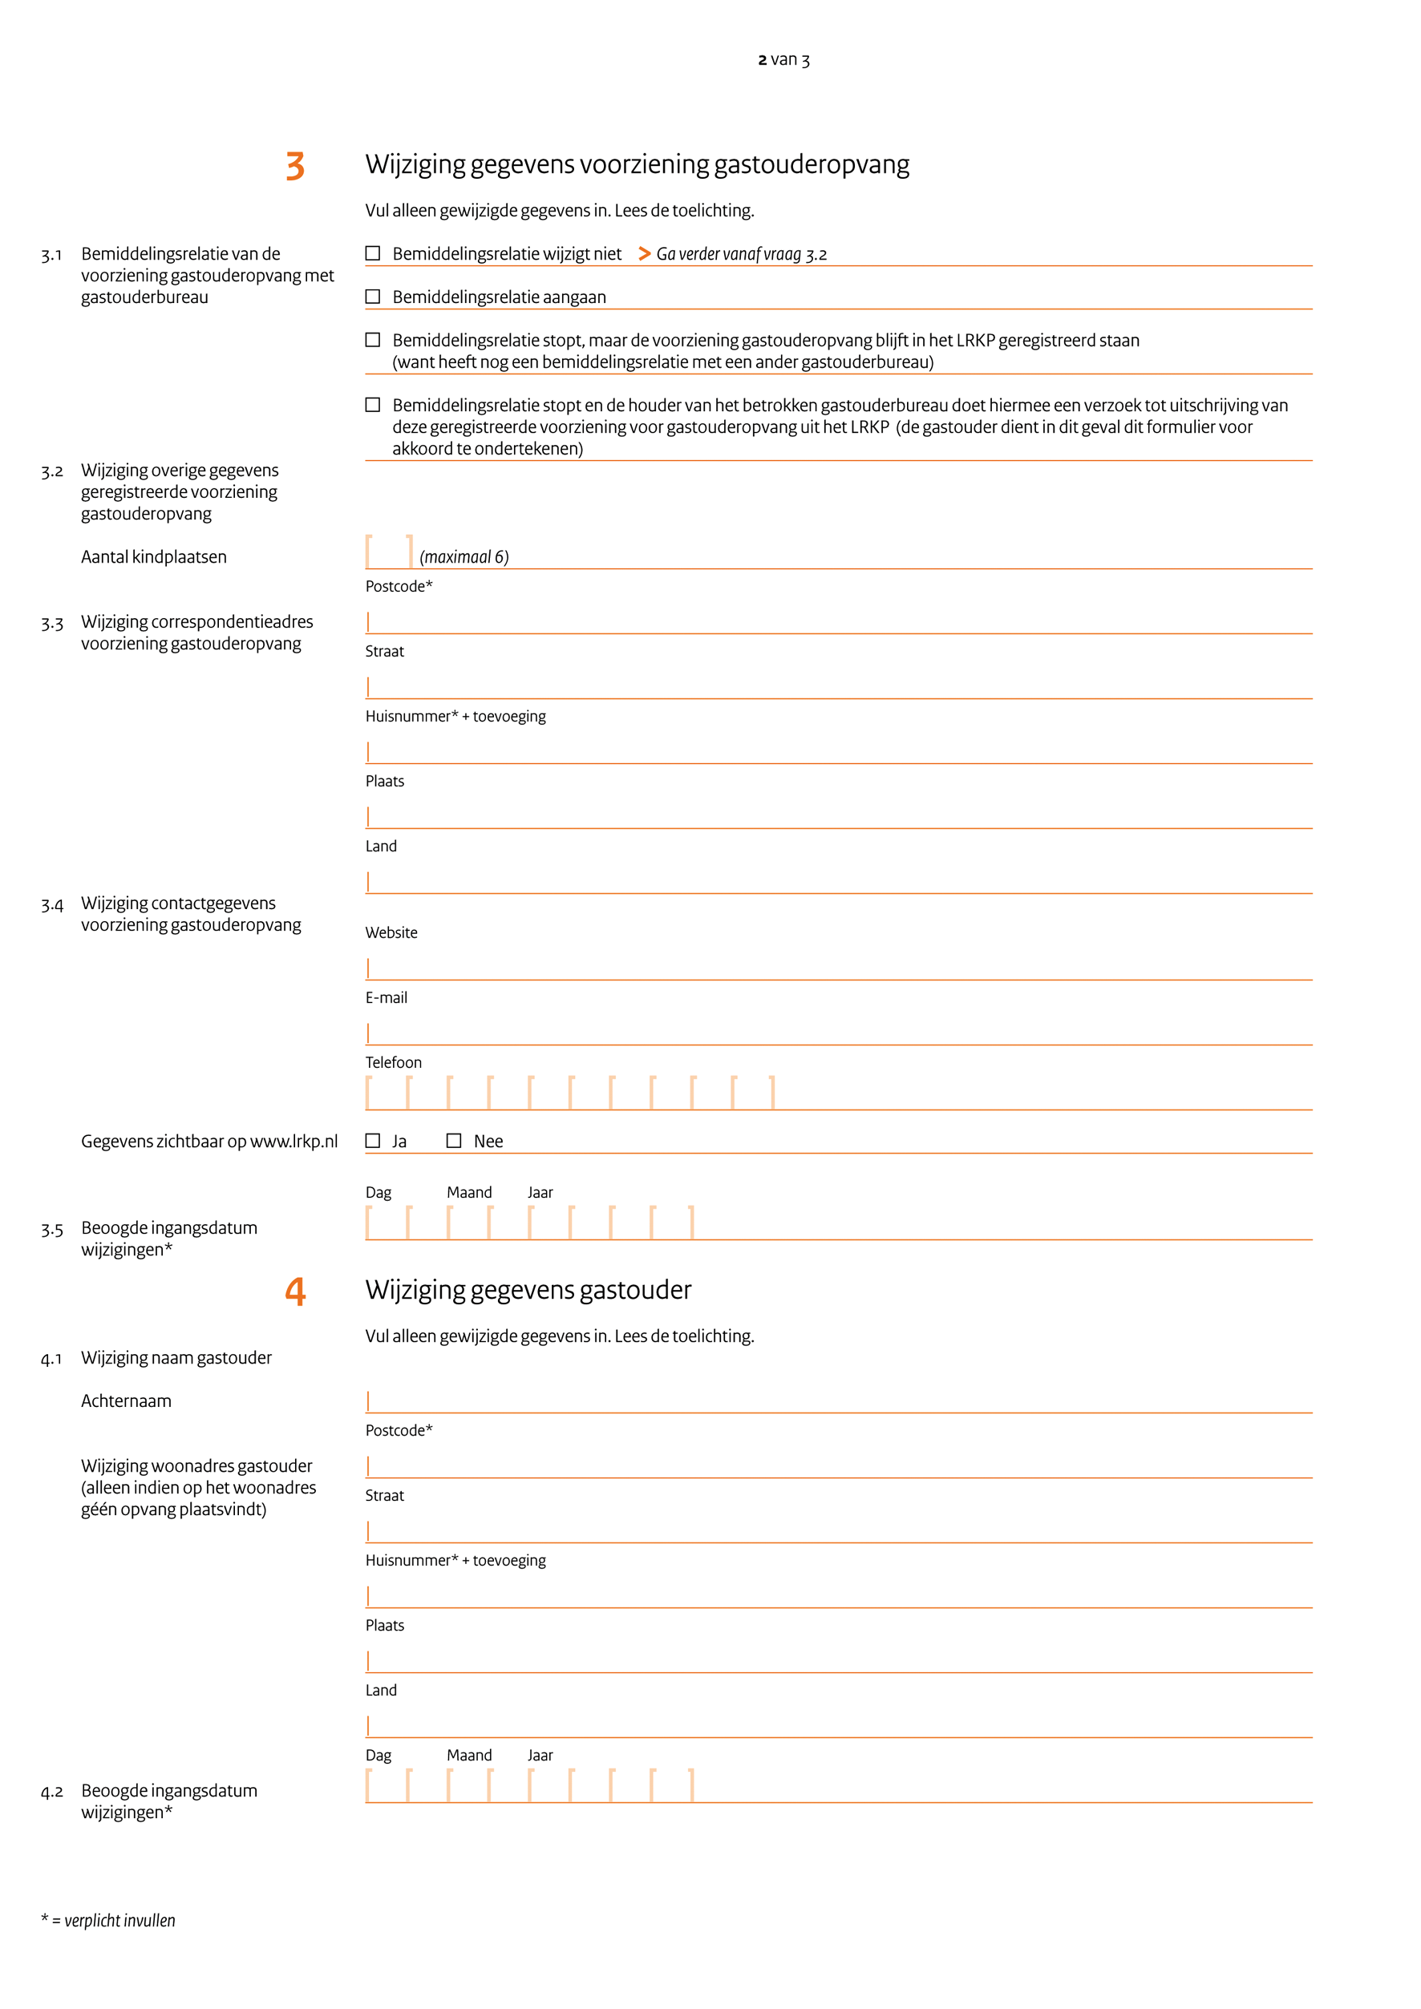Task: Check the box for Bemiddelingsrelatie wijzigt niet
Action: (x=373, y=254)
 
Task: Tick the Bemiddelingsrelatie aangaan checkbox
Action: (x=373, y=297)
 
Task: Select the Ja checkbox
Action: (x=373, y=1141)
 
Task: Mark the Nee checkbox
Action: (x=454, y=1141)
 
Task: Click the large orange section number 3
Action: (x=295, y=166)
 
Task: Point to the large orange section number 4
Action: (x=295, y=1291)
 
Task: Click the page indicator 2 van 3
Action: (x=783, y=59)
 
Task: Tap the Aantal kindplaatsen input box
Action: (x=388, y=552)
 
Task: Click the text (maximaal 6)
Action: (x=464, y=557)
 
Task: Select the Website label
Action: (x=391, y=933)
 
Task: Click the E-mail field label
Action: (x=386, y=997)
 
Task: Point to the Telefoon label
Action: (x=393, y=1062)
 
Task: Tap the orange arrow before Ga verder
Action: (x=644, y=254)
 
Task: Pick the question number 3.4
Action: (x=51, y=905)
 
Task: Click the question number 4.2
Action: (x=51, y=1792)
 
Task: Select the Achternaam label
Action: (x=126, y=1401)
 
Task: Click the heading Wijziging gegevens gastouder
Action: (x=528, y=1290)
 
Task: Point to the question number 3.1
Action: (x=51, y=255)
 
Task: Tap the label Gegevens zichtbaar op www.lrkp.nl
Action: (x=209, y=1141)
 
